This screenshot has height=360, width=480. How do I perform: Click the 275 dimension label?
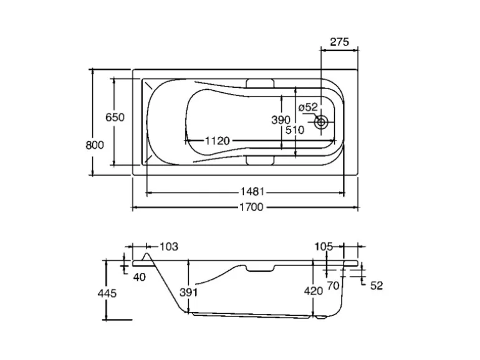pos(339,42)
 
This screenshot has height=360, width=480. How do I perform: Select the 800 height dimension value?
pos(94,144)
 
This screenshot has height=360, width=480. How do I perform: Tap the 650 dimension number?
pos(115,117)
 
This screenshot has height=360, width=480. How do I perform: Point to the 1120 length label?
pos(217,141)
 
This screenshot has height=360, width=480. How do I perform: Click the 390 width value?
pos(281,120)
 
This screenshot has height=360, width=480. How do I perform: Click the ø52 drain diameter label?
pos(308,108)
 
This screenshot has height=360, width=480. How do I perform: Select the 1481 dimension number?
pos(249,192)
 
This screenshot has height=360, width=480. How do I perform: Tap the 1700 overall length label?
pos(248,207)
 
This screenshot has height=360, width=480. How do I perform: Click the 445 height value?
pos(107,291)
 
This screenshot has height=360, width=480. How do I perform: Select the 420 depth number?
pos(313,290)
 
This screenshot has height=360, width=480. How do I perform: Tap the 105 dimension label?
pos(324,247)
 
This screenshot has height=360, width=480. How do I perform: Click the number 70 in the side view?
pos(332,285)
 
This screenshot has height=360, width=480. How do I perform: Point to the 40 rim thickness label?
pos(139,277)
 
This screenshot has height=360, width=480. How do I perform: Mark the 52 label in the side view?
pos(376,285)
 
